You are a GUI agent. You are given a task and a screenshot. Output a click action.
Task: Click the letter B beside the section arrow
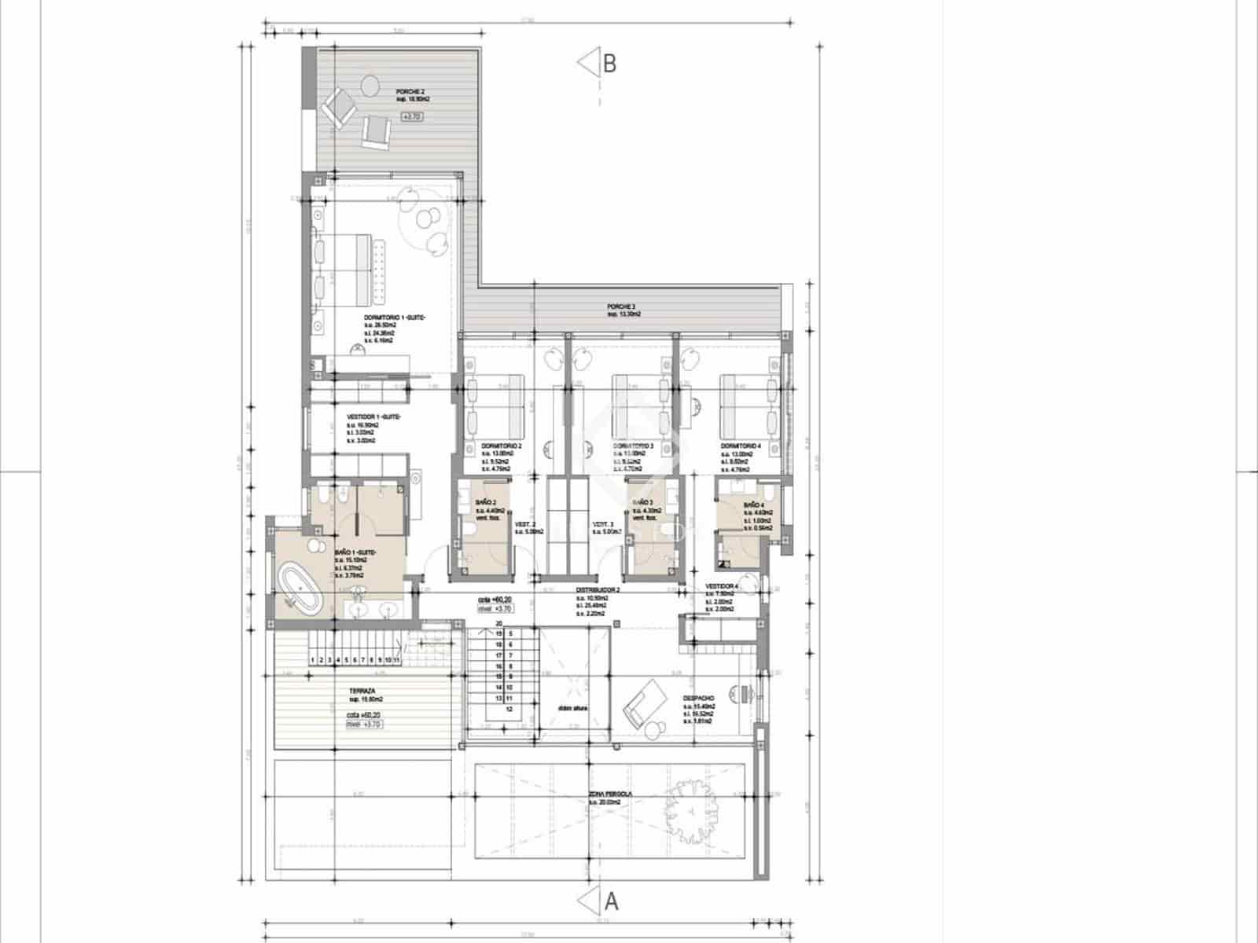(x=609, y=64)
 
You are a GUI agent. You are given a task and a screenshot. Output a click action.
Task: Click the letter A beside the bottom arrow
(x=611, y=901)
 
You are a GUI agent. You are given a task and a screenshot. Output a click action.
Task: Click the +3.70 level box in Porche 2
(x=412, y=116)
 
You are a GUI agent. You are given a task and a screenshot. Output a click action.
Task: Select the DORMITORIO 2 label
(x=502, y=446)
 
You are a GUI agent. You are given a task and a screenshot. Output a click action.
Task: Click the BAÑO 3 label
(x=642, y=502)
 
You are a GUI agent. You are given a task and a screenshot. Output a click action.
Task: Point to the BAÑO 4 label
(x=752, y=505)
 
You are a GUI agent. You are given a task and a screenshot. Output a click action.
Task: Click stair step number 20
(x=498, y=623)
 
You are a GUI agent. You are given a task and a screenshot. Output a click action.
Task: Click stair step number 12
(x=509, y=708)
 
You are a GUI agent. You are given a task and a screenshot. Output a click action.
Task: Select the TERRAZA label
(x=362, y=692)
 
